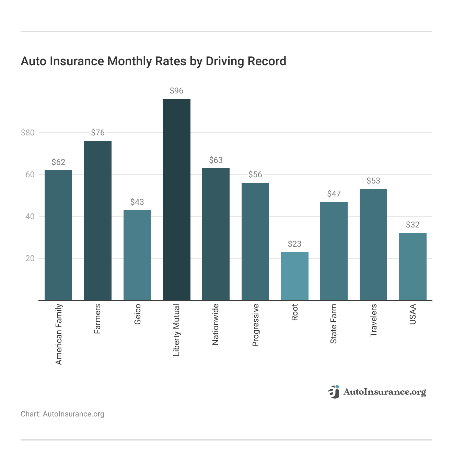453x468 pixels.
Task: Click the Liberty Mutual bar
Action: click(176, 199)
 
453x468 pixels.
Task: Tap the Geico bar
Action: click(137, 255)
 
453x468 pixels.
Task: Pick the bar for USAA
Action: click(413, 267)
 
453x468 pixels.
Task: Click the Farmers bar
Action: click(97, 220)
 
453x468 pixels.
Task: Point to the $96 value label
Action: click(176, 91)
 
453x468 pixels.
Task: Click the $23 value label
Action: click(294, 244)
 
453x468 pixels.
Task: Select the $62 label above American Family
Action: click(58, 162)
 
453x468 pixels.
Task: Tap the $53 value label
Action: click(373, 181)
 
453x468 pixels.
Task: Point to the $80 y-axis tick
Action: click(28, 133)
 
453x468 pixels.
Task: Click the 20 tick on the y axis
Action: click(30, 258)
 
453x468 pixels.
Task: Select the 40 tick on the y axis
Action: click(30, 216)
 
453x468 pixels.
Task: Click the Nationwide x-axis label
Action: click(216, 324)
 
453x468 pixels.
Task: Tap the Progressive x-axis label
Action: click(255, 325)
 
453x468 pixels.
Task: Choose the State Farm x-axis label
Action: click(334, 324)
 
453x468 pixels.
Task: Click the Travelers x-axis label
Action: click(373, 320)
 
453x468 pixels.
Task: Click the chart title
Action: click(153, 61)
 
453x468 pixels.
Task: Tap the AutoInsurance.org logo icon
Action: click(334, 392)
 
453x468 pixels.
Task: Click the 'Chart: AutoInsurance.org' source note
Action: click(62, 414)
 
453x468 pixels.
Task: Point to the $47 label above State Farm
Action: click(334, 194)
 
